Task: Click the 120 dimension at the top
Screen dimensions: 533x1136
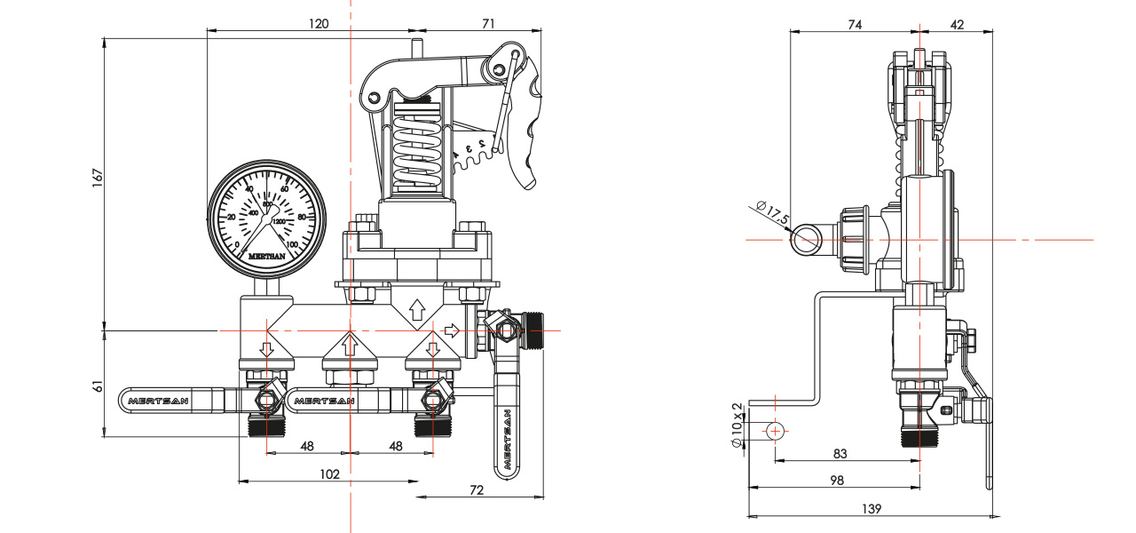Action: tap(319, 24)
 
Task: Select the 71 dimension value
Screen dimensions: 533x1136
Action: tap(488, 24)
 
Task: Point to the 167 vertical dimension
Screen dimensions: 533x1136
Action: tap(99, 177)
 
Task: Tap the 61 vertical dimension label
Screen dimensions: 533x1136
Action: tap(99, 386)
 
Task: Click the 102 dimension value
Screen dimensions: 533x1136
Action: tap(329, 474)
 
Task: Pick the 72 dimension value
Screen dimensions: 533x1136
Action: tap(477, 490)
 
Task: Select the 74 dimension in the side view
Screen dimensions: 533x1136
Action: tap(854, 25)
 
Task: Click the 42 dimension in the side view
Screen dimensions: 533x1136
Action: tap(957, 25)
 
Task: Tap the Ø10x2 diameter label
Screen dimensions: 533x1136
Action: tap(736, 426)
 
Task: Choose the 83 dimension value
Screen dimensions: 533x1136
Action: tap(840, 454)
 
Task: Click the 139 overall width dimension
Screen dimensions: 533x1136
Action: tap(872, 509)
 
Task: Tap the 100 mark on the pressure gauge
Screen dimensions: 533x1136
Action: tap(292, 244)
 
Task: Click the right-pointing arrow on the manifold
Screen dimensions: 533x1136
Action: tap(452, 331)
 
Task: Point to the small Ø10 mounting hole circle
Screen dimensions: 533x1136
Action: tap(776, 431)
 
